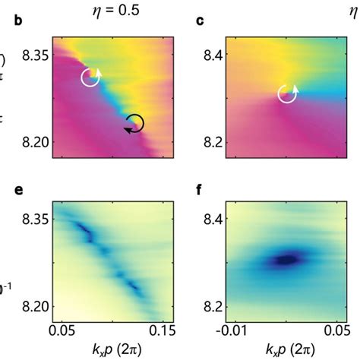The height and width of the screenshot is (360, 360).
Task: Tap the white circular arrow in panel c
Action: [x=287, y=93]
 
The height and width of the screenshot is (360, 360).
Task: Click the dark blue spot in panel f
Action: [x=287, y=260]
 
